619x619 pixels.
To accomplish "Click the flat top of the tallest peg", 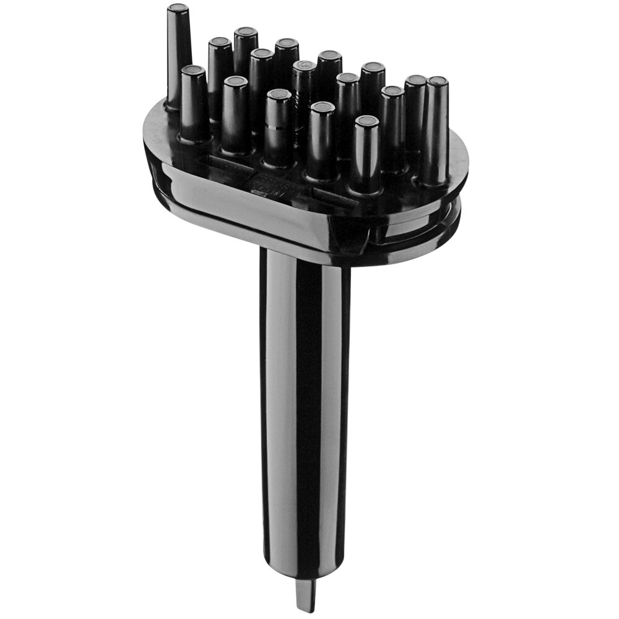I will click(x=178, y=9).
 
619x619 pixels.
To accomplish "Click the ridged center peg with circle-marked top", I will click(x=305, y=99).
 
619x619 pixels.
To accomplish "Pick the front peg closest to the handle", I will click(x=366, y=155).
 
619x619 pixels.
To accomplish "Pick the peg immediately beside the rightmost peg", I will click(x=415, y=115).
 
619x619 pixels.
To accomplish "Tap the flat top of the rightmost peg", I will click(x=437, y=81).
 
